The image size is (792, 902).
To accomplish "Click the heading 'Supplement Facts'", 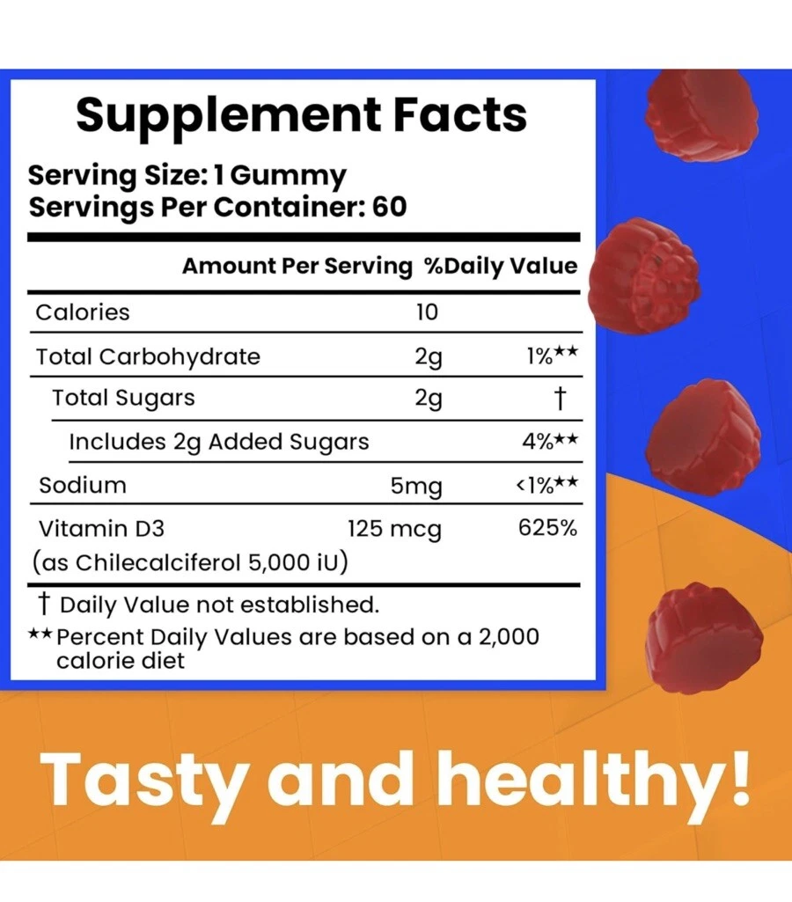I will pos(301,115).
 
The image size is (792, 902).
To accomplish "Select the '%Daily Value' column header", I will pos(501,266).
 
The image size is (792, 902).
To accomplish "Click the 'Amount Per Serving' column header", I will pos(297,266).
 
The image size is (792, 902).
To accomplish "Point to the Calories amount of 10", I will pos(427,312).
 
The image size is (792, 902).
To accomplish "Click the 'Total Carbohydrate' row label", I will pos(148,356).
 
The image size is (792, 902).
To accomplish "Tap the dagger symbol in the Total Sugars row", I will pos(558,399).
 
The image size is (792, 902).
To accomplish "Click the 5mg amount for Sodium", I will pos(416,486).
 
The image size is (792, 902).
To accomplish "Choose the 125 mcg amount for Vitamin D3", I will pos(394,530).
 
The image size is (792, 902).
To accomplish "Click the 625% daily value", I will pos(548,529).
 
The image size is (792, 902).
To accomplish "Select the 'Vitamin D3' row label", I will pos(100,529).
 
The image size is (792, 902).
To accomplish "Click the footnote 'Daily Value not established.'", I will pos(219,605).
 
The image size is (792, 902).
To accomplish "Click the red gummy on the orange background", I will pos(700,627).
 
